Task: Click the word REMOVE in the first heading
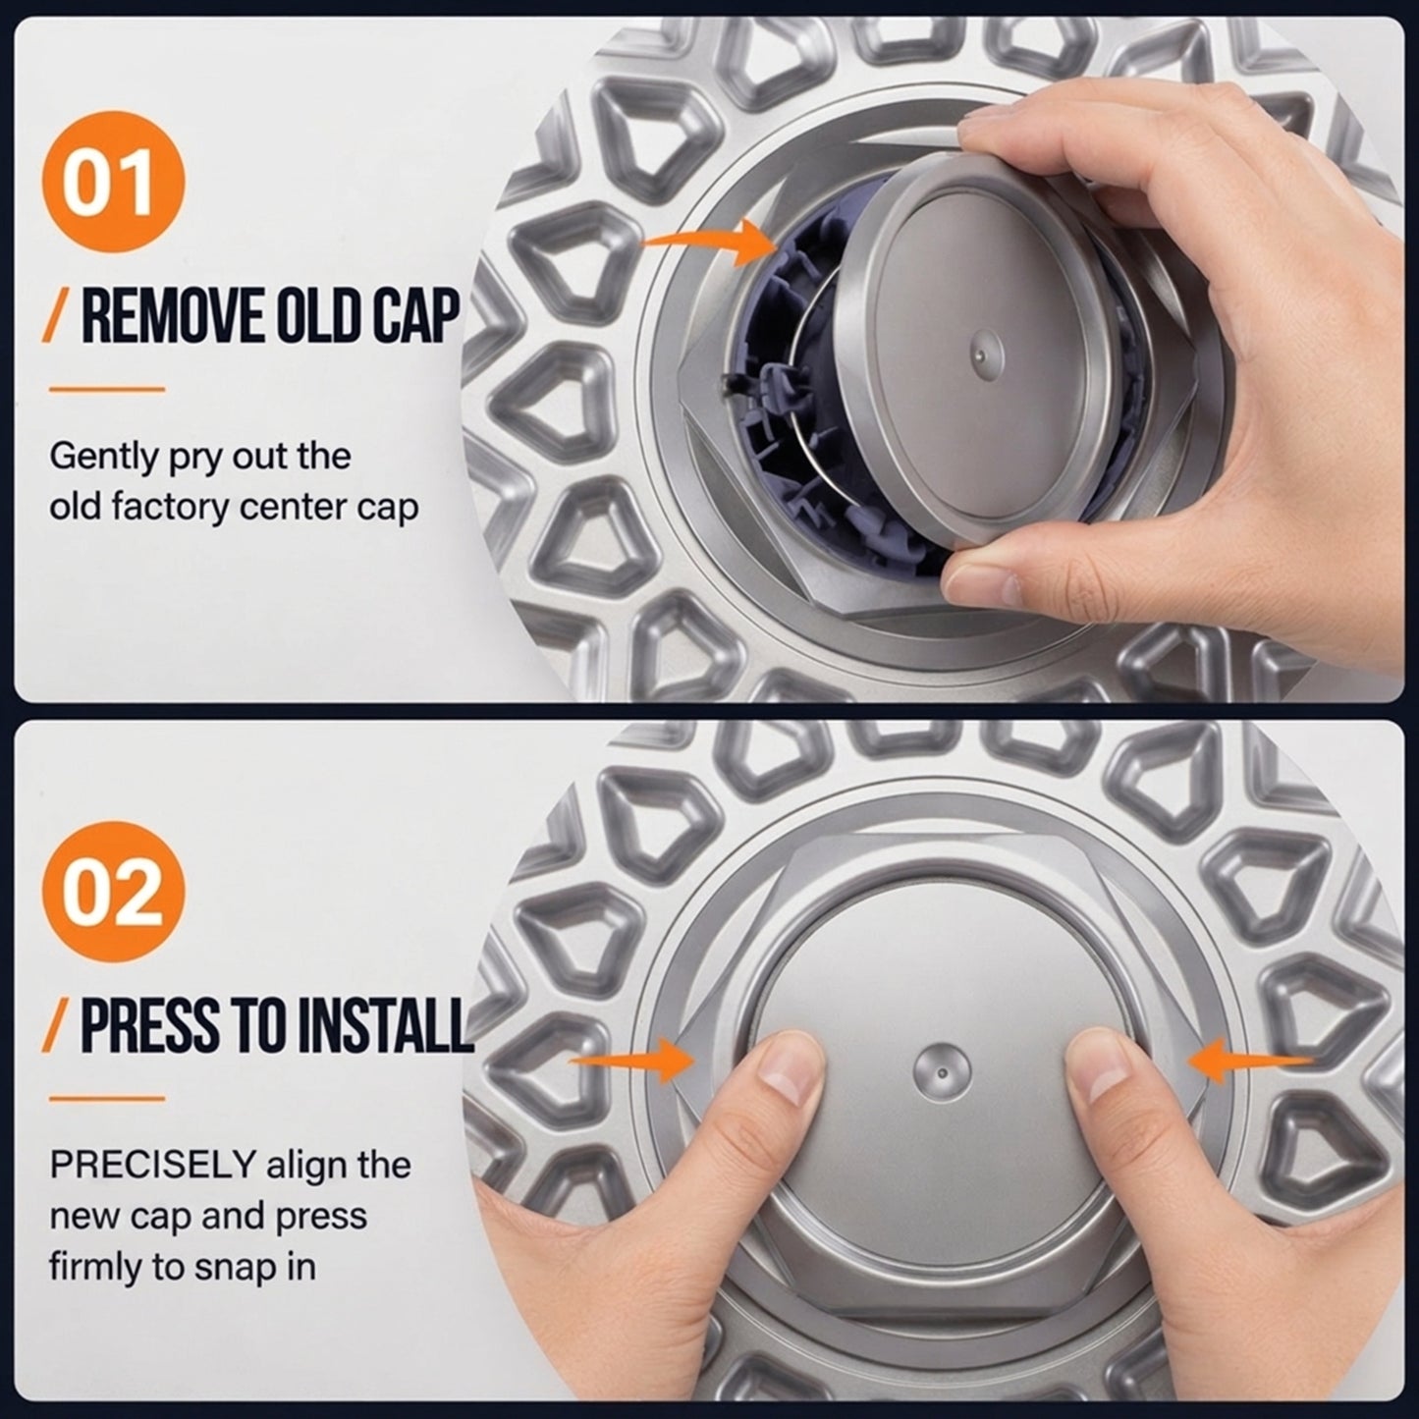pos(172,316)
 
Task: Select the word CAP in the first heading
pos(413,316)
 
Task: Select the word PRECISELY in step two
pos(152,1165)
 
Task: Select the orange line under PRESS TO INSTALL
pos(107,1099)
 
